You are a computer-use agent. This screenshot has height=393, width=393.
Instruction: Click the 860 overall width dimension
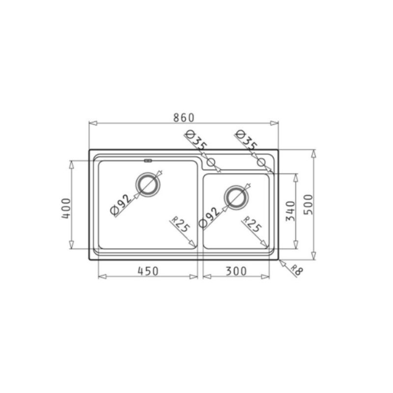click(184, 117)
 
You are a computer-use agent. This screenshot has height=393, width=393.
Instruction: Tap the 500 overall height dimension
click(309, 204)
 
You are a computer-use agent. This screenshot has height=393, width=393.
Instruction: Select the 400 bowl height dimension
click(66, 208)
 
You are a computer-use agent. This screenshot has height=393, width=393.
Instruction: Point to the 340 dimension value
click(291, 211)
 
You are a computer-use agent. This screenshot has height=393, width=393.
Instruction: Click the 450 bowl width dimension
click(148, 271)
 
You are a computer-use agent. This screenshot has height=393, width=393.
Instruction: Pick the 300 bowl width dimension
click(236, 271)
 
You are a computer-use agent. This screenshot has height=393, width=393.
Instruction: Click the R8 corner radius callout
click(297, 270)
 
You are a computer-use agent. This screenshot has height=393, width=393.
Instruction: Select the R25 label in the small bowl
click(252, 224)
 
